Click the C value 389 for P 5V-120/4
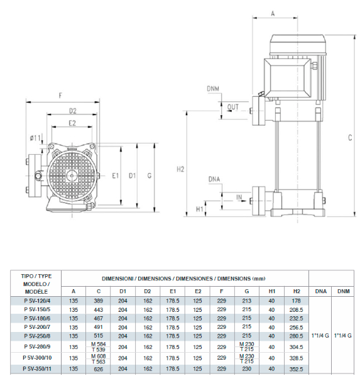point(98,301)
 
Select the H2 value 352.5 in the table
point(297,369)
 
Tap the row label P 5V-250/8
point(37,336)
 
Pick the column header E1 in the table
point(173,291)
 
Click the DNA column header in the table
point(320,291)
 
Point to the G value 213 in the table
point(247,301)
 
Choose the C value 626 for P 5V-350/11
point(98,369)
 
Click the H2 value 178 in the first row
point(297,301)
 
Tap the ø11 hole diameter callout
point(35,138)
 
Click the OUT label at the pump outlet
point(232,107)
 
